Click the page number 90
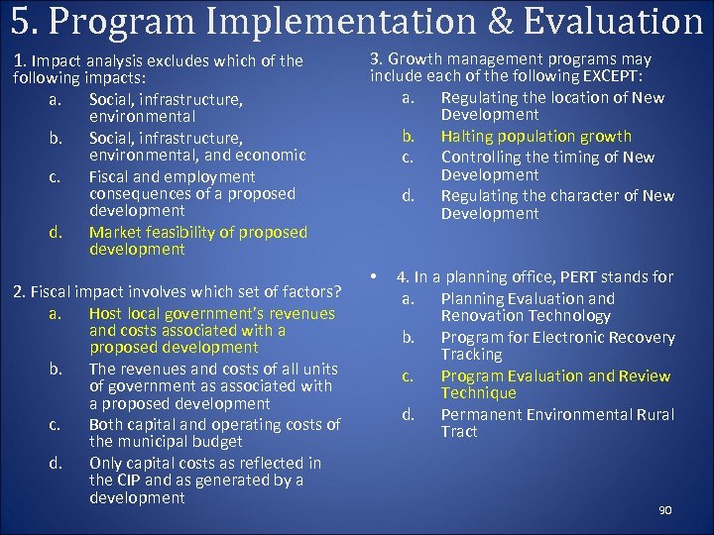[x=664, y=510]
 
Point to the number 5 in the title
[x=19, y=22]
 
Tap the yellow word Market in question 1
[x=114, y=232]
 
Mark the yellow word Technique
[x=478, y=392]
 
